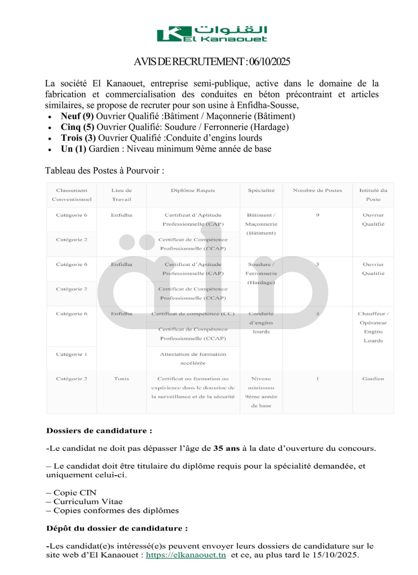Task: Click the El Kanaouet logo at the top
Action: click(x=212, y=34)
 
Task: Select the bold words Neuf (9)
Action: click(x=77, y=116)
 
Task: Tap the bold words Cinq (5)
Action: click(x=78, y=127)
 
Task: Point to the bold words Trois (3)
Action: click(x=78, y=138)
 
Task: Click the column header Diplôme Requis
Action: click(x=193, y=190)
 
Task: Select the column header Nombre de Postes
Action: click(x=317, y=190)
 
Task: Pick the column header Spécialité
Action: click(x=261, y=190)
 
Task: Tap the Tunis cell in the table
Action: click(x=121, y=379)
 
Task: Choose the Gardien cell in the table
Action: click(x=373, y=379)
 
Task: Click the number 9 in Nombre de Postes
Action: click(x=317, y=215)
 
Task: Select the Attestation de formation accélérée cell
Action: click(x=193, y=358)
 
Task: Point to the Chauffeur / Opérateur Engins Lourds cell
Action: click(x=373, y=327)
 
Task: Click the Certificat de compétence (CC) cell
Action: click(x=193, y=314)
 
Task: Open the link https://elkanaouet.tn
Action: click(x=186, y=555)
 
